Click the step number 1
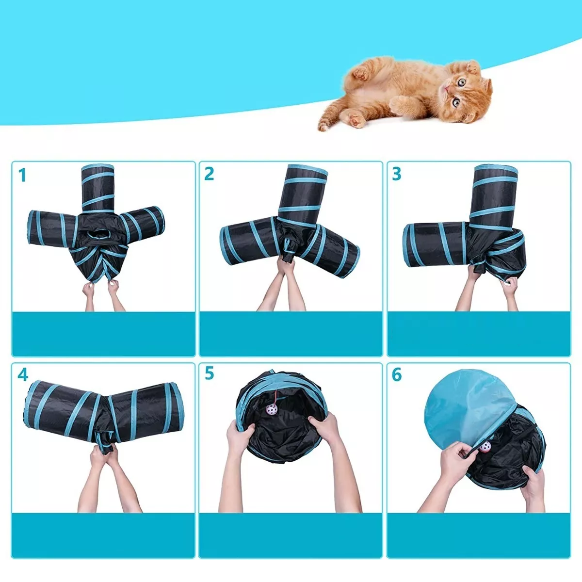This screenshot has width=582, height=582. [x=22, y=175]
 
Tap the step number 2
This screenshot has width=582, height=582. [x=209, y=174]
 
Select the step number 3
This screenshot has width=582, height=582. [x=396, y=174]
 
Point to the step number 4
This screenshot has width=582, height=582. [x=22, y=375]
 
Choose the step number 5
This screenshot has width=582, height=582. [x=209, y=374]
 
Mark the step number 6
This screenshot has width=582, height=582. [x=397, y=374]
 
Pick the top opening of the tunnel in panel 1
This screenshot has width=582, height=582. [x=97, y=168]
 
